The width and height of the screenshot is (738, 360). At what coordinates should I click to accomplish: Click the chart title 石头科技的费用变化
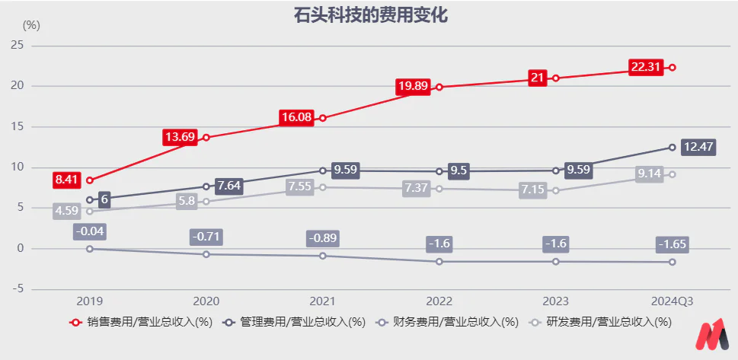click(369, 15)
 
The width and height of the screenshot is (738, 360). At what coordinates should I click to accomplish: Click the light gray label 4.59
click(66, 212)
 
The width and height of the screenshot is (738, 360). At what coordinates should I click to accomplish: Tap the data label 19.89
click(413, 87)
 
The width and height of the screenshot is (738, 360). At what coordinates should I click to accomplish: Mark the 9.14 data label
click(649, 174)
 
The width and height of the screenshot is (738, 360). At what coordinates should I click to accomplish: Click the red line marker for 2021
click(323, 118)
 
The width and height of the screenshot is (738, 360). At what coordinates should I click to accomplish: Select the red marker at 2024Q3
click(672, 67)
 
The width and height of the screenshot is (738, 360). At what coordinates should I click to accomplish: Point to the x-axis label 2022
click(439, 301)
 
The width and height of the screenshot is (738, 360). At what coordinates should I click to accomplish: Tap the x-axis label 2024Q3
click(672, 301)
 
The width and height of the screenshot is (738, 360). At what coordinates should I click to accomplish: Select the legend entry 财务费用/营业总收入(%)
click(448, 322)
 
